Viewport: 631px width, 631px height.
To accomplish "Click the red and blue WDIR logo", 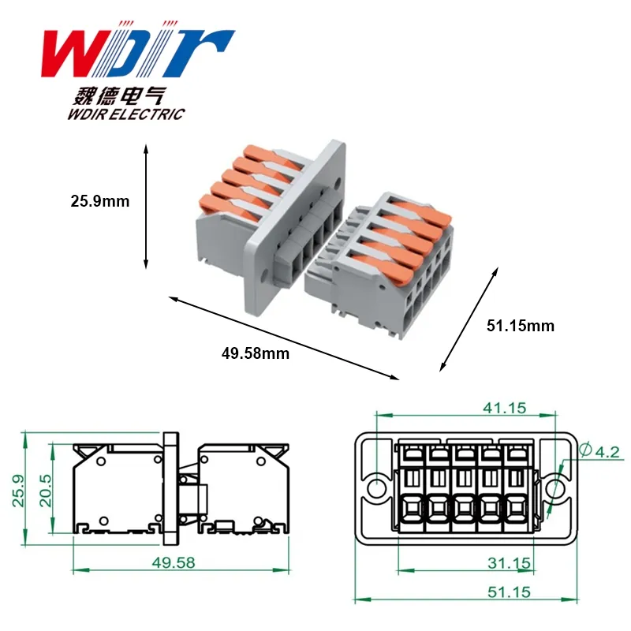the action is pos(137,51).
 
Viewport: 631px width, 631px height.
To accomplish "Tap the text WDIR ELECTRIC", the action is pos(126,114).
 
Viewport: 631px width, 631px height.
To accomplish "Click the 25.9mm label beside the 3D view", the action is pos(100,201).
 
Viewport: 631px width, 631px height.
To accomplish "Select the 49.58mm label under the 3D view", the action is pos(255,353).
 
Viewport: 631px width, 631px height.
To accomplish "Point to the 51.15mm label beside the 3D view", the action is pos(521,326).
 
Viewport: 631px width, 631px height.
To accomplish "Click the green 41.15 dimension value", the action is pos(505,408).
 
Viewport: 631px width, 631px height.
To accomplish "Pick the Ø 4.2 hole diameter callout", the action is pos(599,450).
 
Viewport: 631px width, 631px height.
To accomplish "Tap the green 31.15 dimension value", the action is pos(510,563).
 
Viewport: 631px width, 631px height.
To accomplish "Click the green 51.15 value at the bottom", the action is pos(510,592).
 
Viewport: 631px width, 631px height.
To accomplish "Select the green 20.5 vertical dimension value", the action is pos(46,490).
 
